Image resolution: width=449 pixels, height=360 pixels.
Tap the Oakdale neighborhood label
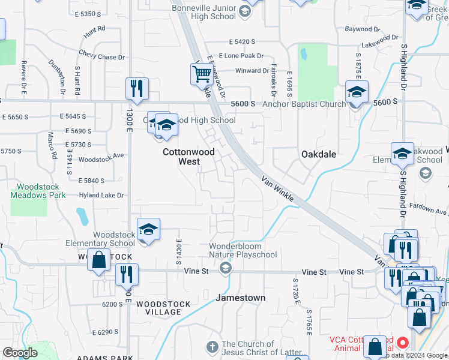(318, 154)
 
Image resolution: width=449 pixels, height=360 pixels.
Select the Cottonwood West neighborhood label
(188, 157)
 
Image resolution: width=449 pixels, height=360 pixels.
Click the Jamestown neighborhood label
(240, 298)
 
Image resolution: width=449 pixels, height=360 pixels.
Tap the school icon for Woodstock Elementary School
(148, 229)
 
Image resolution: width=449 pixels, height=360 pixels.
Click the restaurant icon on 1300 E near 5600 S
(137, 89)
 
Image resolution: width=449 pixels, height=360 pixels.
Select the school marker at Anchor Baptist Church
(357, 92)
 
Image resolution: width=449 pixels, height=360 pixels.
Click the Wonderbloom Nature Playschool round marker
(226, 268)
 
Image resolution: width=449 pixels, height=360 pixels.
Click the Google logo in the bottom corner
(20, 353)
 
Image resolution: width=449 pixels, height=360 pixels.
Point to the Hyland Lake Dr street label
(101, 195)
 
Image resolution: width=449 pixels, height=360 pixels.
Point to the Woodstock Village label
(158, 308)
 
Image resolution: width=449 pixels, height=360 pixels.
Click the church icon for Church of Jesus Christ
(211, 347)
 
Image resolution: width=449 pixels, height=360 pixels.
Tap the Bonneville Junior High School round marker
(245, 11)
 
